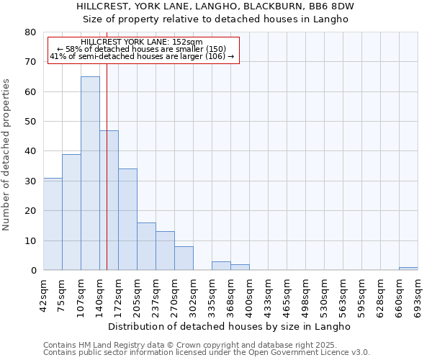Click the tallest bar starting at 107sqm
point(90,173)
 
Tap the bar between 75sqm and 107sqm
point(71,212)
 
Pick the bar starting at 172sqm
point(127,220)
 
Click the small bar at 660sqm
point(408,269)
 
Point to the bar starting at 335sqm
point(221,266)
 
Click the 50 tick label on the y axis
point(30,122)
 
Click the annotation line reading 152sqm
point(142,42)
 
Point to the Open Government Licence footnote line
point(207,352)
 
